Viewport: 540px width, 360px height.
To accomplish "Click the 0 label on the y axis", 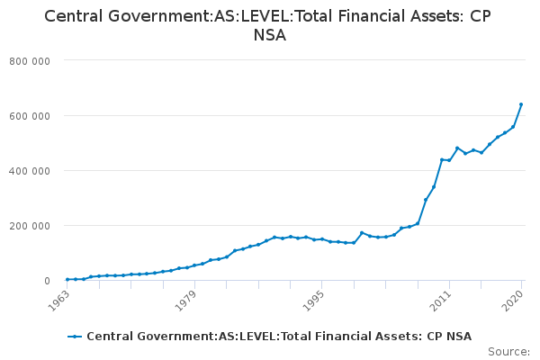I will [x=45, y=281].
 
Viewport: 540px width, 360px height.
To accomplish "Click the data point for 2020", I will [x=521, y=104].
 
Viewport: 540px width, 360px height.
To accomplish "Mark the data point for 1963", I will [x=67, y=279].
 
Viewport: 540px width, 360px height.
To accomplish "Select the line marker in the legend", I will [x=75, y=337].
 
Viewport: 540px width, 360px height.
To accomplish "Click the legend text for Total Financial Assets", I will [x=279, y=337].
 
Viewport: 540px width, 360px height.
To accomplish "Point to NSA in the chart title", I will [x=270, y=37].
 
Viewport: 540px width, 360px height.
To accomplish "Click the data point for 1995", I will [x=321, y=238].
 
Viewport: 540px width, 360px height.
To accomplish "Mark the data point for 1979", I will [x=194, y=265].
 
